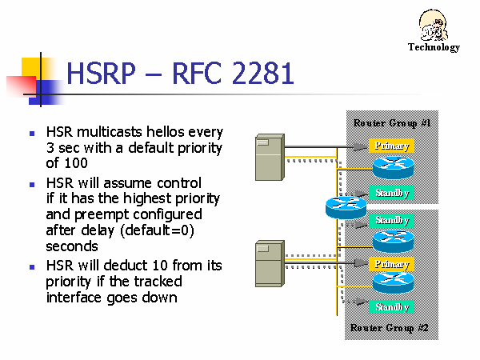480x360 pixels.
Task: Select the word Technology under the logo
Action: click(x=434, y=47)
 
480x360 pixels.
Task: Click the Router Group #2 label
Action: click(x=391, y=328)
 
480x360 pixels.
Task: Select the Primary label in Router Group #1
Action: click(x=391, y=146)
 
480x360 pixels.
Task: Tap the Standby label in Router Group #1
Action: click(x=392, y=193)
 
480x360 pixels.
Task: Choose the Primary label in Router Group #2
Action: click(x=391, y=264)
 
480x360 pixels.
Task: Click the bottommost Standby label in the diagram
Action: click(x=392, y=306)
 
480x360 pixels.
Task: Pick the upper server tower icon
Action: click(x=266, y=158)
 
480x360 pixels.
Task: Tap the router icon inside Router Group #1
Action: click(x=392, y=168)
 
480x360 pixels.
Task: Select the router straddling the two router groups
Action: click(x=346, y=208)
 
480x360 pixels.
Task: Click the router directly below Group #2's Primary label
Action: click(x=392, y=282)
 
